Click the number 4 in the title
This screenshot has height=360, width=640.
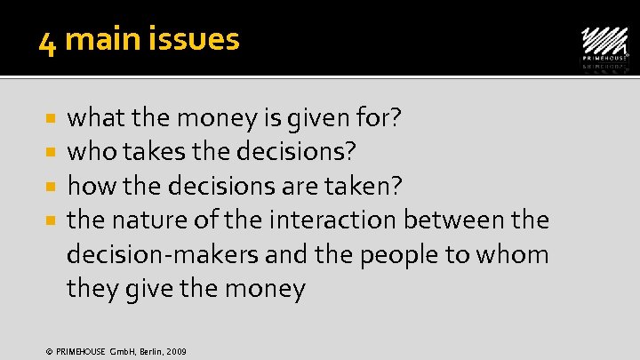coord(47,41)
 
